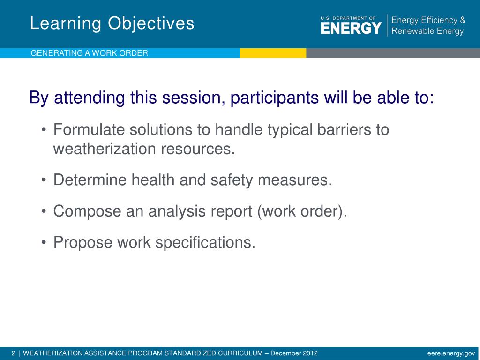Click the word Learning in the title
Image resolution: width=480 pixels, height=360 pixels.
click(66, 24)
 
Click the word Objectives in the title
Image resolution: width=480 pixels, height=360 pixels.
click(151, 24)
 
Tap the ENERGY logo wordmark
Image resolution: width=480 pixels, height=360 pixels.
click(351, 28)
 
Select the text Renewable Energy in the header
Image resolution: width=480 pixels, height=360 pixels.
click(427, 31)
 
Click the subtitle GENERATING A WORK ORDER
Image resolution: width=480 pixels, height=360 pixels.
click(89, 53)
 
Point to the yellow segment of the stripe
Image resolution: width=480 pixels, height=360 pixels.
click(273, 53)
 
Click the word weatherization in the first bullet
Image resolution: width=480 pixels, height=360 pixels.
click(105, 149)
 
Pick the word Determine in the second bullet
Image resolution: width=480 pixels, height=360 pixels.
click(90, 180)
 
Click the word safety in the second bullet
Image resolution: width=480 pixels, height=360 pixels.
click(232, 180)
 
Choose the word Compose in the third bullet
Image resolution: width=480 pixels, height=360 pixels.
click(87, 211)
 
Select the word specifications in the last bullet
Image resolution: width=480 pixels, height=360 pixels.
click(205, 242)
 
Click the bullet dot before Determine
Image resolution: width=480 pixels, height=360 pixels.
click(44, 180)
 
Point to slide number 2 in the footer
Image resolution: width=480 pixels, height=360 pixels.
click(13, 353)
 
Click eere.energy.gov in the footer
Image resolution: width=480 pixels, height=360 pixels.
click(451, 353)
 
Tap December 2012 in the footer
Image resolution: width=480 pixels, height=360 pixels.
click(294, 353)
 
